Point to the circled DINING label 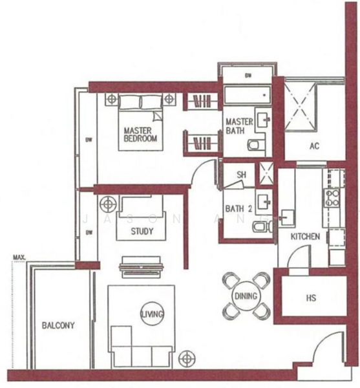click(x=246, y=296)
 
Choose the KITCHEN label click(x=304, y=237)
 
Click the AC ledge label click(x=314, y=146)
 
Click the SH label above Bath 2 click(x=240, y=175)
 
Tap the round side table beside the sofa click(x=187, y=356)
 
